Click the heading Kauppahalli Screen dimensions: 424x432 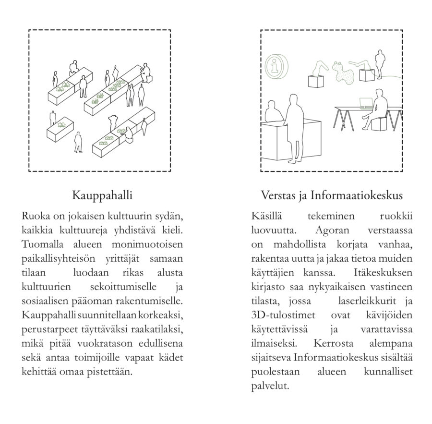point(102,195)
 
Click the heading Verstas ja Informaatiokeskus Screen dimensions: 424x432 point(331,195)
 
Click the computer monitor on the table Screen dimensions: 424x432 point(366,102)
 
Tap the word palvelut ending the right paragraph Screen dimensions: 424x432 point(270,384)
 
